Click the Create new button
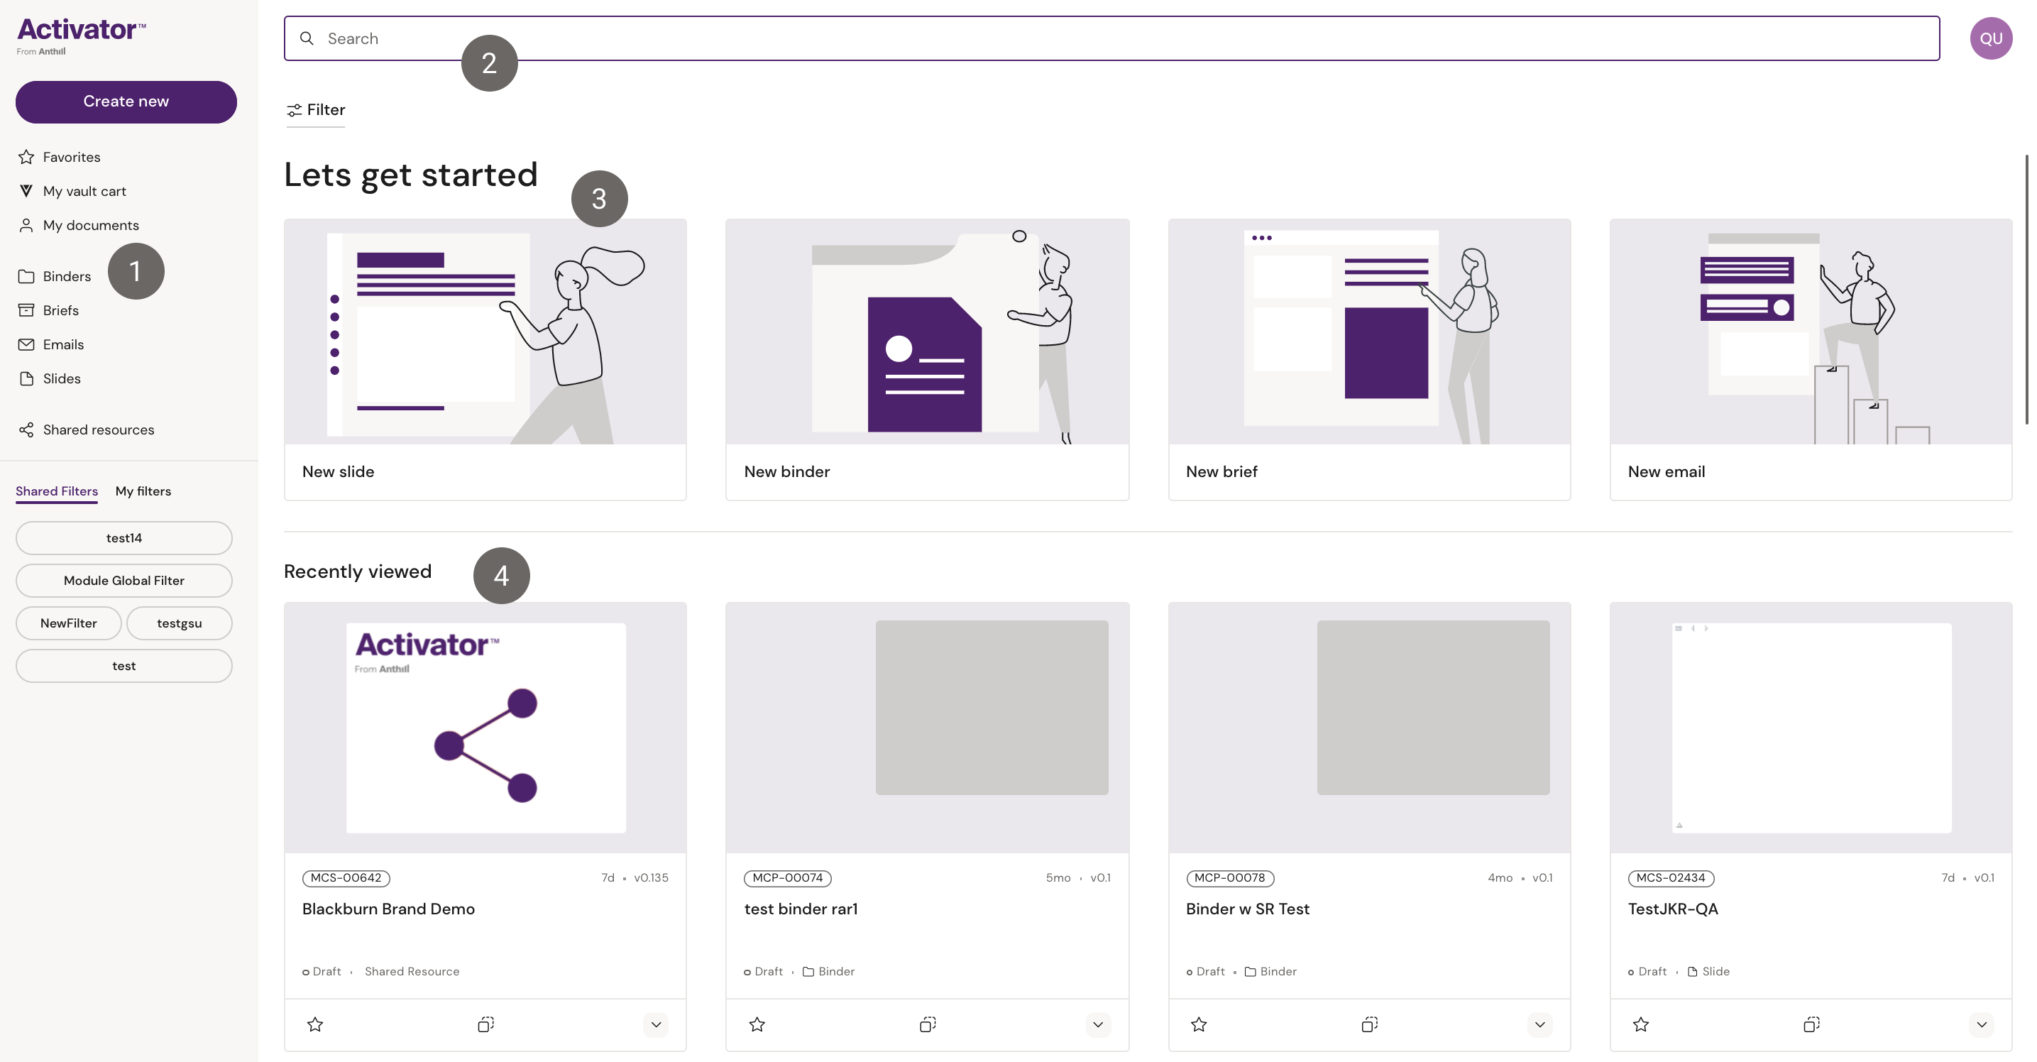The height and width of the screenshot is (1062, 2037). [126, 102]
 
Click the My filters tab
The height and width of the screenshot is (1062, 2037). [143, 491]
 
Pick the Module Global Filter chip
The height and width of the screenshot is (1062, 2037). [124, 581]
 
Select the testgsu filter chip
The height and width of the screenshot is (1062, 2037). [180, 623]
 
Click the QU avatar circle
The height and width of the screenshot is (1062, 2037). [1990, 38]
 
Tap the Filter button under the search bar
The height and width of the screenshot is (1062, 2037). [316, 110]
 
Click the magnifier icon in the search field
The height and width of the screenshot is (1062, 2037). [307, 38]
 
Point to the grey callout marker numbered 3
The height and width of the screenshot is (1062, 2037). [600, 199]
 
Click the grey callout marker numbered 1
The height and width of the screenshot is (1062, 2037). [136, 271]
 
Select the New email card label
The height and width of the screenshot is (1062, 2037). [1666, 471]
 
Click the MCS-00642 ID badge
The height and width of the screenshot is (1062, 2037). [346, 877]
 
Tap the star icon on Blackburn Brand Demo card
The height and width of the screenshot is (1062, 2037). [314, 1025]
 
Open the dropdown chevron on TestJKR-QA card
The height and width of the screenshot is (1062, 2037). [1981, 1025]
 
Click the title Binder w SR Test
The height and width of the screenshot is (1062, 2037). [1247, 909]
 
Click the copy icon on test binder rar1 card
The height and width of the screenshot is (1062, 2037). [928, 1025]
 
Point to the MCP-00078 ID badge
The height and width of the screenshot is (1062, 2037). [1229, 877]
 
